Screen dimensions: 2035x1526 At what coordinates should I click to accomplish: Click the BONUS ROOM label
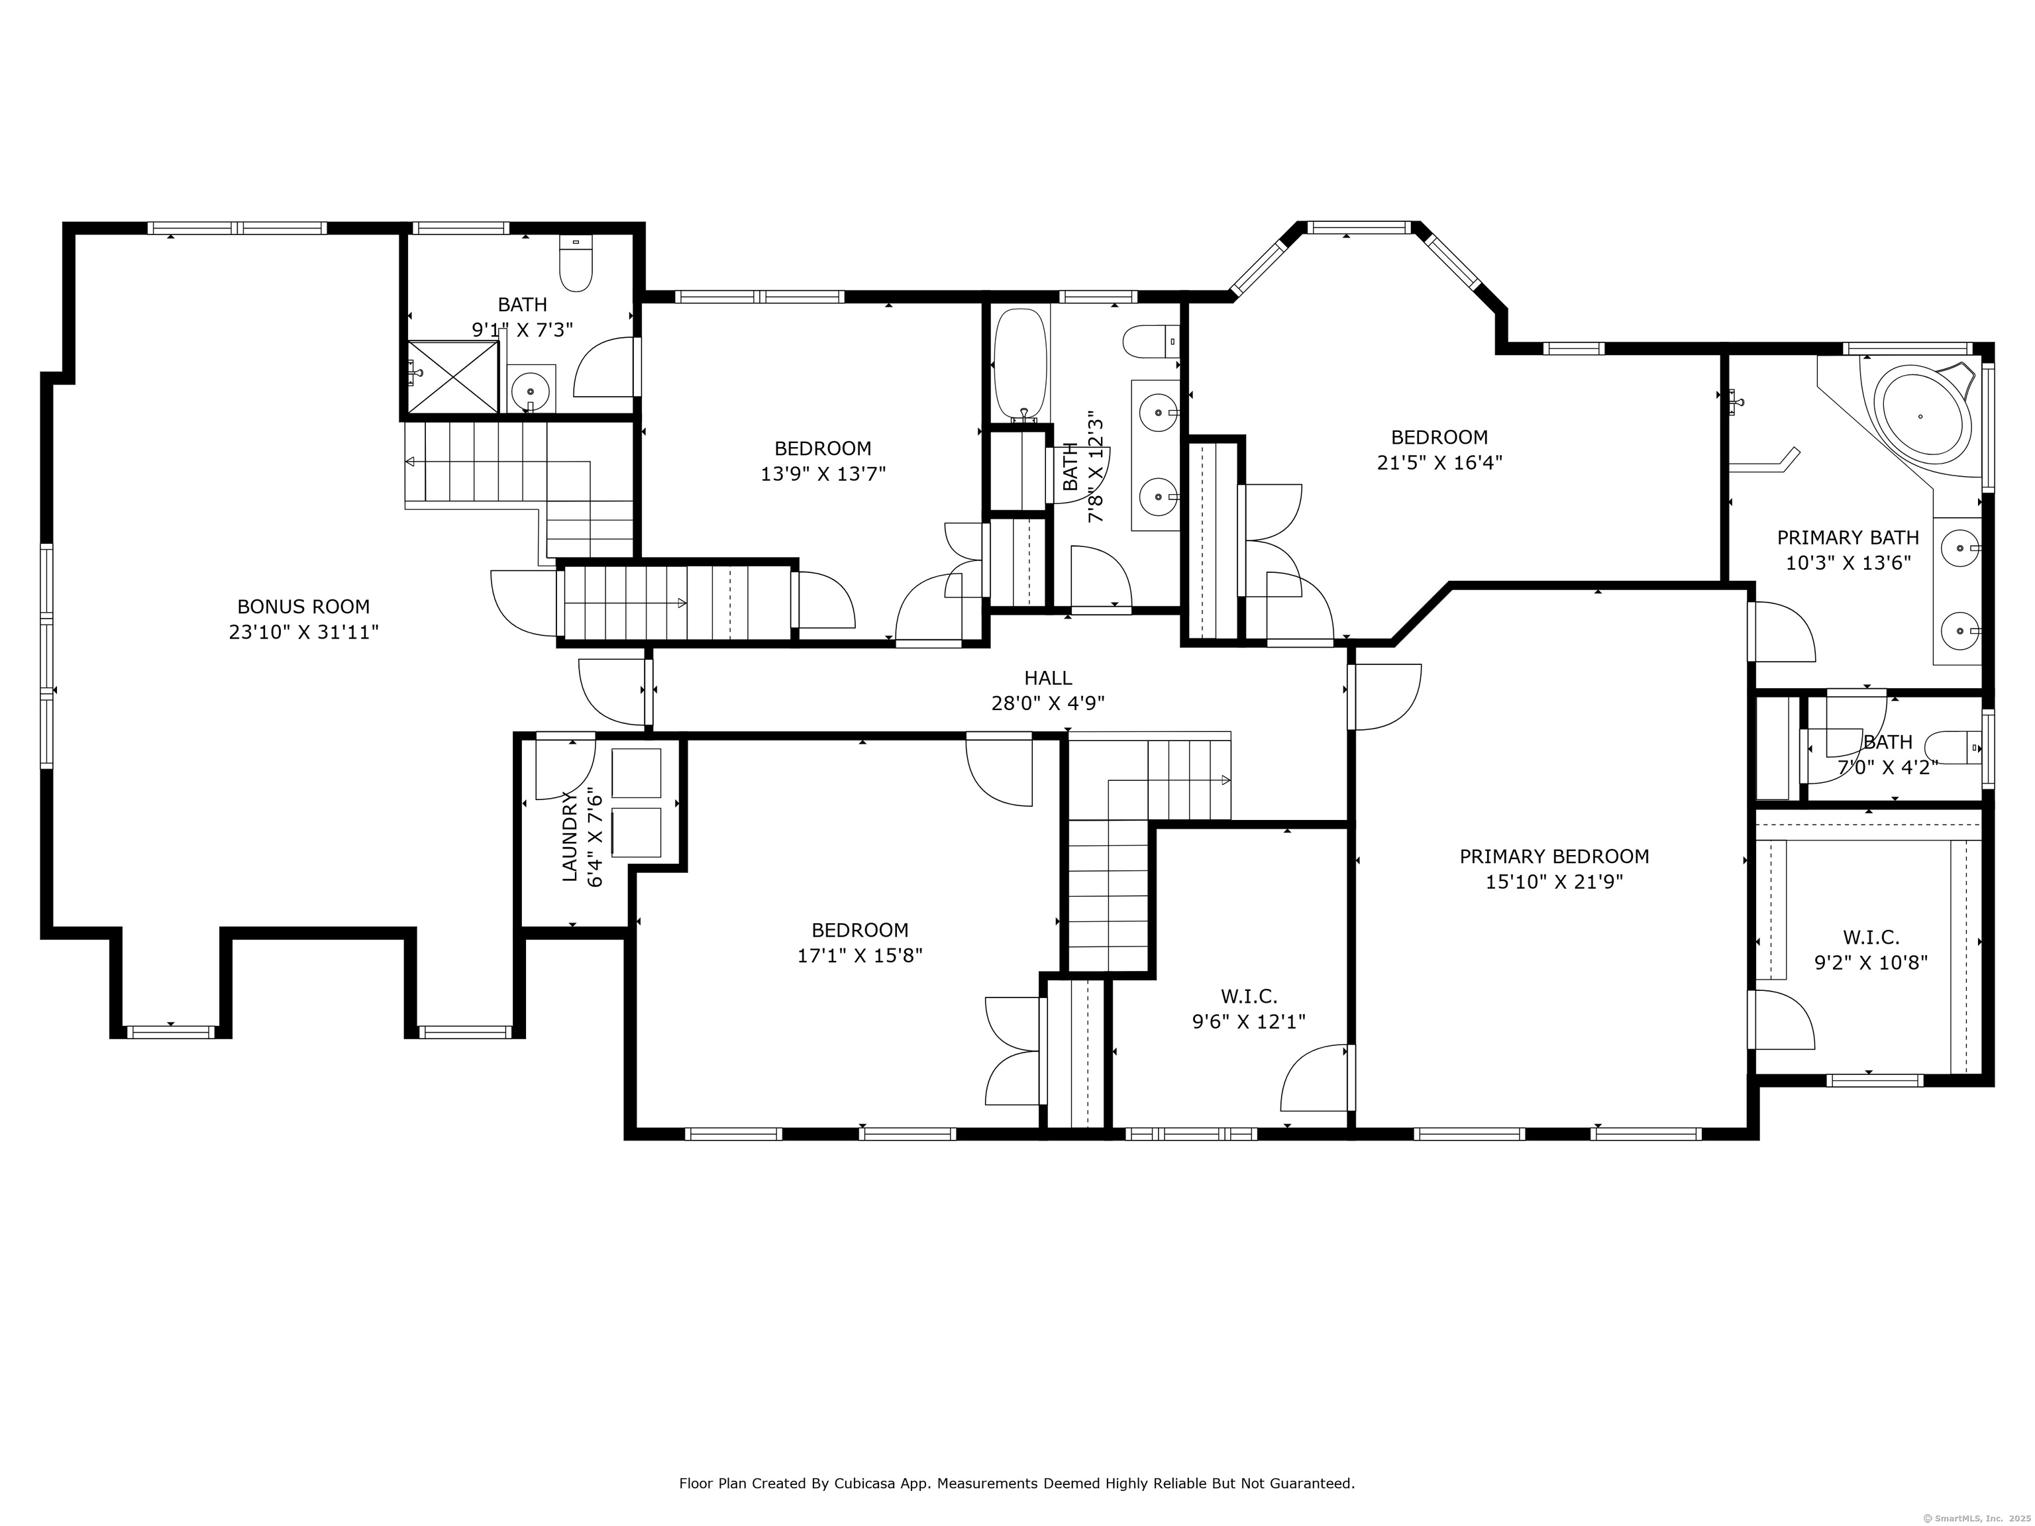[303, 607]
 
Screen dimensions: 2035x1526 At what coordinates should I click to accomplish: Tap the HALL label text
[1048, 678]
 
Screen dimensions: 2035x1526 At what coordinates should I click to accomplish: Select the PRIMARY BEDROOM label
[1554, 856]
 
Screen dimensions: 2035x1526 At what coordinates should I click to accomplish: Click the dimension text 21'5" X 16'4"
[1439, 463]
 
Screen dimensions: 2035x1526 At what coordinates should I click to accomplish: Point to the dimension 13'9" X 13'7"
[823, 474]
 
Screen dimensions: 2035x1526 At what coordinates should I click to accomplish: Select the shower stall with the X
[452, 377]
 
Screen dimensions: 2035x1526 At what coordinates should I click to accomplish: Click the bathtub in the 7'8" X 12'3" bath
[1020, 364]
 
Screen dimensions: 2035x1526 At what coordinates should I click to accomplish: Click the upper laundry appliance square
[636, 774]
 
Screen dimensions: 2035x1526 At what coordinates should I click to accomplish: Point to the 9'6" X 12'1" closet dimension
[1249, 1021]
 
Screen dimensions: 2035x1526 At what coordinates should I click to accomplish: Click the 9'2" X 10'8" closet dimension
[1870, 963]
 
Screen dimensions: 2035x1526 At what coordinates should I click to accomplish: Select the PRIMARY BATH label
[1848, 537]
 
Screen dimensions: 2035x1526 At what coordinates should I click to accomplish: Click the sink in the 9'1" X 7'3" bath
[531, 391]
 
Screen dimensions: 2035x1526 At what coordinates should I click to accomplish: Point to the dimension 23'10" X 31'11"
[303, 633]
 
